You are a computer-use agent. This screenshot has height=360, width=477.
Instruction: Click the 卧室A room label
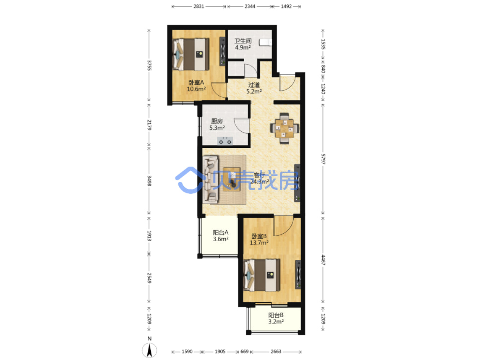[x=196, y=82]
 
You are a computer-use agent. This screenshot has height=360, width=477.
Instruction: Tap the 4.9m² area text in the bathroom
[x=243, y=47]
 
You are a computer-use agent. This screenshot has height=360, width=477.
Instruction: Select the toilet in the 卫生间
[x=265, y=42]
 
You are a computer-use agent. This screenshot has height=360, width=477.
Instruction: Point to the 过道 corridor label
[x=254, y=85]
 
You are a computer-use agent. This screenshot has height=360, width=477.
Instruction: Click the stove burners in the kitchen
[x=225, y=141]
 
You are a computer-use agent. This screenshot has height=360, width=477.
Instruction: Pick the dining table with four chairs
[x=285, y=128]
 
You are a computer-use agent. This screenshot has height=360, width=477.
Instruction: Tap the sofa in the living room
[x=211, y=180]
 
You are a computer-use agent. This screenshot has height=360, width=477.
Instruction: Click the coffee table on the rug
[x=232, y=179]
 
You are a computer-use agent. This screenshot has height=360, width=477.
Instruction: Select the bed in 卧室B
[x=262, y=275]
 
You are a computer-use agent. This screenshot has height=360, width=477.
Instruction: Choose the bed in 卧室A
[x=191, y=54]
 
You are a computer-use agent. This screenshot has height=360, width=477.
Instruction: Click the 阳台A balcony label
[x=221, y=233]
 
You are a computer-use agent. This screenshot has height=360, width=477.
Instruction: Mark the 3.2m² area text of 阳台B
[x=276, y=321]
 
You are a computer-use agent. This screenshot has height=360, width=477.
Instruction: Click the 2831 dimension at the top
[x=198, y=6]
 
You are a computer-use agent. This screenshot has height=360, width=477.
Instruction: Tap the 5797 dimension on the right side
[x=323, y=159]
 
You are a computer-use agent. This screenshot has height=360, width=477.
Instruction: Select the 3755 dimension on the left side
[x=149, y=65]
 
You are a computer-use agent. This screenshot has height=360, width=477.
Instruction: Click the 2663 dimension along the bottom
[x=276, y=352]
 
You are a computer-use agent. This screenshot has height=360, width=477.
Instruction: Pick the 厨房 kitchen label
[x=217, y=121]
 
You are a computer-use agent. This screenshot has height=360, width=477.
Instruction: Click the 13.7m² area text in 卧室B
[x=259, y=243]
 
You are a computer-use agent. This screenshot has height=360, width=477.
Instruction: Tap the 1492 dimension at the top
[x=286, y=6]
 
